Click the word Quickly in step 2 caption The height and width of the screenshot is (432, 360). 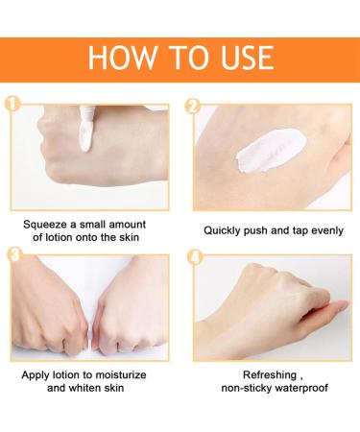coord(227,230)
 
